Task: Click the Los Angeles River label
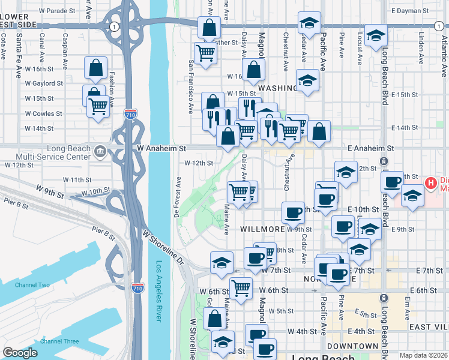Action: coord(159,291)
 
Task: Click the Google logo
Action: coord(20,353)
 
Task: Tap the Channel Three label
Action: coord(59,341)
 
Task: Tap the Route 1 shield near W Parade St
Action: coord(113,26)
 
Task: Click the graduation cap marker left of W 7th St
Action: coord(221,263)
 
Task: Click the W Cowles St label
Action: coord(43,113)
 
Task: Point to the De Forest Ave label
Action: coord(178,197)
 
